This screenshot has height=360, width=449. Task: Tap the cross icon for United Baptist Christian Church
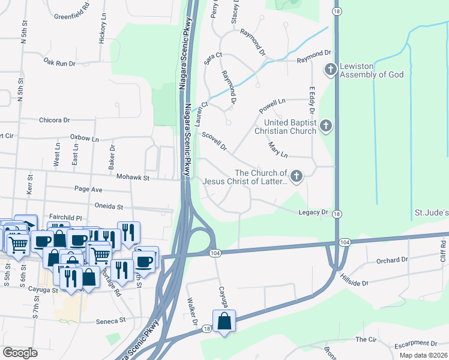coord(325,126)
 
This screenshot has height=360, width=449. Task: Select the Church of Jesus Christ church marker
coord(296,176)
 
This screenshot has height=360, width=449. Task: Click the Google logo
coord(20,353)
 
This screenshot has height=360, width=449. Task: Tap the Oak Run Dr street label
coord(60,62)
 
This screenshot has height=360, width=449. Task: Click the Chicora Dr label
coord(55,120)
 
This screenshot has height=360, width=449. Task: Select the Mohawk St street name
coord(142,177)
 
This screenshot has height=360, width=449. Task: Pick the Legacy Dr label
coord(313,212)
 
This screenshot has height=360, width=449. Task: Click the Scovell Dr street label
coord(214,142)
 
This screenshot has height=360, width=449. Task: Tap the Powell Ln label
coord(273,106)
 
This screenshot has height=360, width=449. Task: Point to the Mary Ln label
coord(277,148)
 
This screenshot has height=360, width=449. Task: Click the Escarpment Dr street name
coord(416,344)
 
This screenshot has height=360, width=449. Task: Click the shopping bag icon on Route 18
coord(224,320)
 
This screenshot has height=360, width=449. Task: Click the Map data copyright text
coord(423,355)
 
